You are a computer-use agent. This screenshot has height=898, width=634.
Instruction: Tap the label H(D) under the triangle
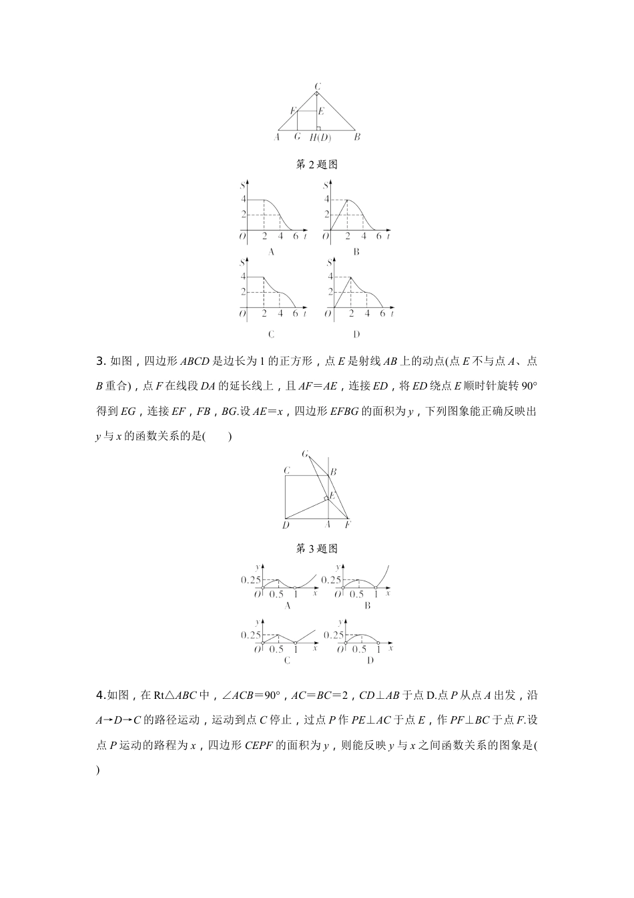click(320, 138)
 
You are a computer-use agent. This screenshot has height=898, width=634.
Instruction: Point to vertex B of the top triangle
click(357, 137)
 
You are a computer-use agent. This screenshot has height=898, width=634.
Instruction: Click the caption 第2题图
click(316, 164)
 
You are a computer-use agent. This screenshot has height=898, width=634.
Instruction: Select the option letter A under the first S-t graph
click(271, 253)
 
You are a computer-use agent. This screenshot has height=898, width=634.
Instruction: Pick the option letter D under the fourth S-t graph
click(356, 335)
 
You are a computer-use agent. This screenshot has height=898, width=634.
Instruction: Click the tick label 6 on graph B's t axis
click(378, 237)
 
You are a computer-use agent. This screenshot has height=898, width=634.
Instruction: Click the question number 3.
click(99, 361)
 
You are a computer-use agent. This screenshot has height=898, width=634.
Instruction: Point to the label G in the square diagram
click(305, 454)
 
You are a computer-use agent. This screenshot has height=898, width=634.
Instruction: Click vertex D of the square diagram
click(286, 525)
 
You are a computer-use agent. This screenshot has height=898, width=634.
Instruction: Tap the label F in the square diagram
click(348, 525)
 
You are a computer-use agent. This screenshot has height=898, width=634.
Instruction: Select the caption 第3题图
click(316, 549)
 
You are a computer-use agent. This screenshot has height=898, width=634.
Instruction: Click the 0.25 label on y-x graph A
click(251, 580)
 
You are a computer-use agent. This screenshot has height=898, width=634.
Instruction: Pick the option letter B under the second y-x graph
click(367, 605)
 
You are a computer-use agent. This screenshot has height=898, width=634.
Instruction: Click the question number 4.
click(99, 696)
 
